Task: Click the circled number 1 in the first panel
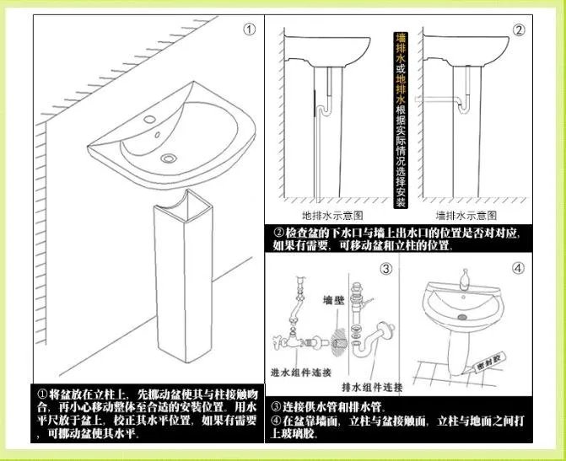click(249, 29)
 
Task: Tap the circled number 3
click(385, 269)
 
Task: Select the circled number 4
click(517, 269)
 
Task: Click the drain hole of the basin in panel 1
click(169, 157)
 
